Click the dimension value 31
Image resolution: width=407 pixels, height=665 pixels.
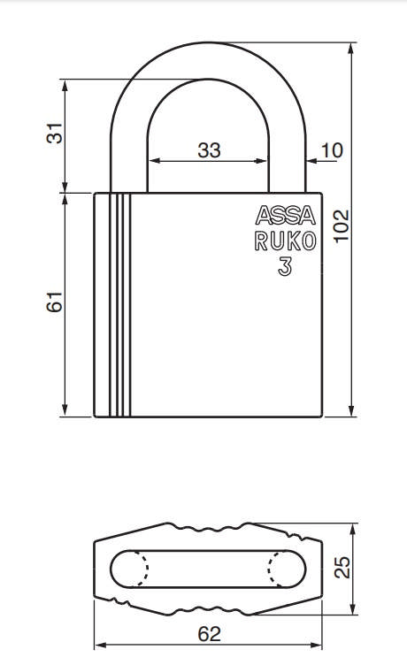click(x=56, y=134)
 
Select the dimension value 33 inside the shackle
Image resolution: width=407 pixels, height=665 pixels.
click(x=209, y=149)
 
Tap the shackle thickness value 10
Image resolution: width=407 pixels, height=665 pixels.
click(x=332, y=149)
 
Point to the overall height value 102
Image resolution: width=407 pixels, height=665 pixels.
click(x=343, y=225)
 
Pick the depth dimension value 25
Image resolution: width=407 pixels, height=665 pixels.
click(x=343, y=566)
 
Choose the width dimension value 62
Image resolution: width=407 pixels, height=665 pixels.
click(x=209, y=634)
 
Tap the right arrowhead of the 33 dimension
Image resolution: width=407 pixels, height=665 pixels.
click(x=263, y=161)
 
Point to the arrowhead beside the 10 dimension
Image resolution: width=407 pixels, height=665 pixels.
click(x=311, y=161)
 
